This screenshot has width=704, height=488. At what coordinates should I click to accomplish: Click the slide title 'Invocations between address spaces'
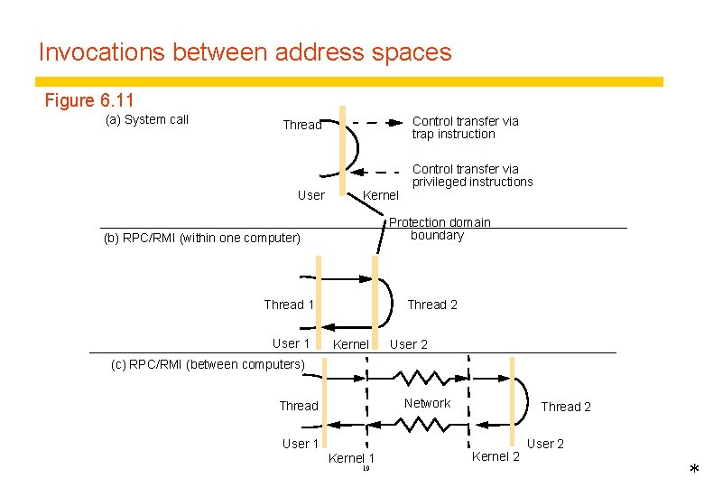pyautogui.click(x=245, y=52)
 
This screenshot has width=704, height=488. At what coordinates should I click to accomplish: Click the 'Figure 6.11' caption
pyautogui.click(x=88, y=100)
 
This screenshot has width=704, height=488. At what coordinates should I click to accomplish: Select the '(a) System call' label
pyautogui.click(x=147, y=119)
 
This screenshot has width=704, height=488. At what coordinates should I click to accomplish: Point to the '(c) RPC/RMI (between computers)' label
pyautogui.click(x=208, y=364)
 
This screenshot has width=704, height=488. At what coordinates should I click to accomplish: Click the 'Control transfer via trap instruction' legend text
pyautogui.click(x=465, y=127)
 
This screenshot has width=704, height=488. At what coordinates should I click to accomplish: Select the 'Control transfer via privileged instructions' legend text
pyautogui.click(x=472, y=175)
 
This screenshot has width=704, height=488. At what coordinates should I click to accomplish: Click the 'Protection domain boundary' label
pyautogui.click(x=440, y=229)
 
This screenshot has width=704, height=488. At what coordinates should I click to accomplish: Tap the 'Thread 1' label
pyautogui.click(x=289, y=305)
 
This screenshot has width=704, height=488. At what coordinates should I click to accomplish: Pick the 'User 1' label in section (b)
pyautogui.click(x=291, y=343)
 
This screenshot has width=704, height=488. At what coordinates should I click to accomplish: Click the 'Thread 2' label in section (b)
pyautogui.click(x=431, y=305)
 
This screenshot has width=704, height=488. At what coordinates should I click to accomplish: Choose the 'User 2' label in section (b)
pyautogui.click(x=409, y=344)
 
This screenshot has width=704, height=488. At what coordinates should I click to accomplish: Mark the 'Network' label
pyautogui.click(x=427, y=403)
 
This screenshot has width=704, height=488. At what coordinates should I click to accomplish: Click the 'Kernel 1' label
pyautogui.click(x=351, y=458)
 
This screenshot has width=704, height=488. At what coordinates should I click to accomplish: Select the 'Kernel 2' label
pyautogui.click(x=496, y=456)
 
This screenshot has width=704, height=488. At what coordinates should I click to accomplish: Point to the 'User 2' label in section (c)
pyautogui.click(x=545, y=444)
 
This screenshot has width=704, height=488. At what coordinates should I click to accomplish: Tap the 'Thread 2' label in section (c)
pyautogui.click(x=566, y=407)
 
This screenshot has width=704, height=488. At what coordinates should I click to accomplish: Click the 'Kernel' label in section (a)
pyautogui.click(x=380, y=195)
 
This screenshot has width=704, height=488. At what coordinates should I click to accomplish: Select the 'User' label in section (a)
pyautogui.click(x=310, y=195)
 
